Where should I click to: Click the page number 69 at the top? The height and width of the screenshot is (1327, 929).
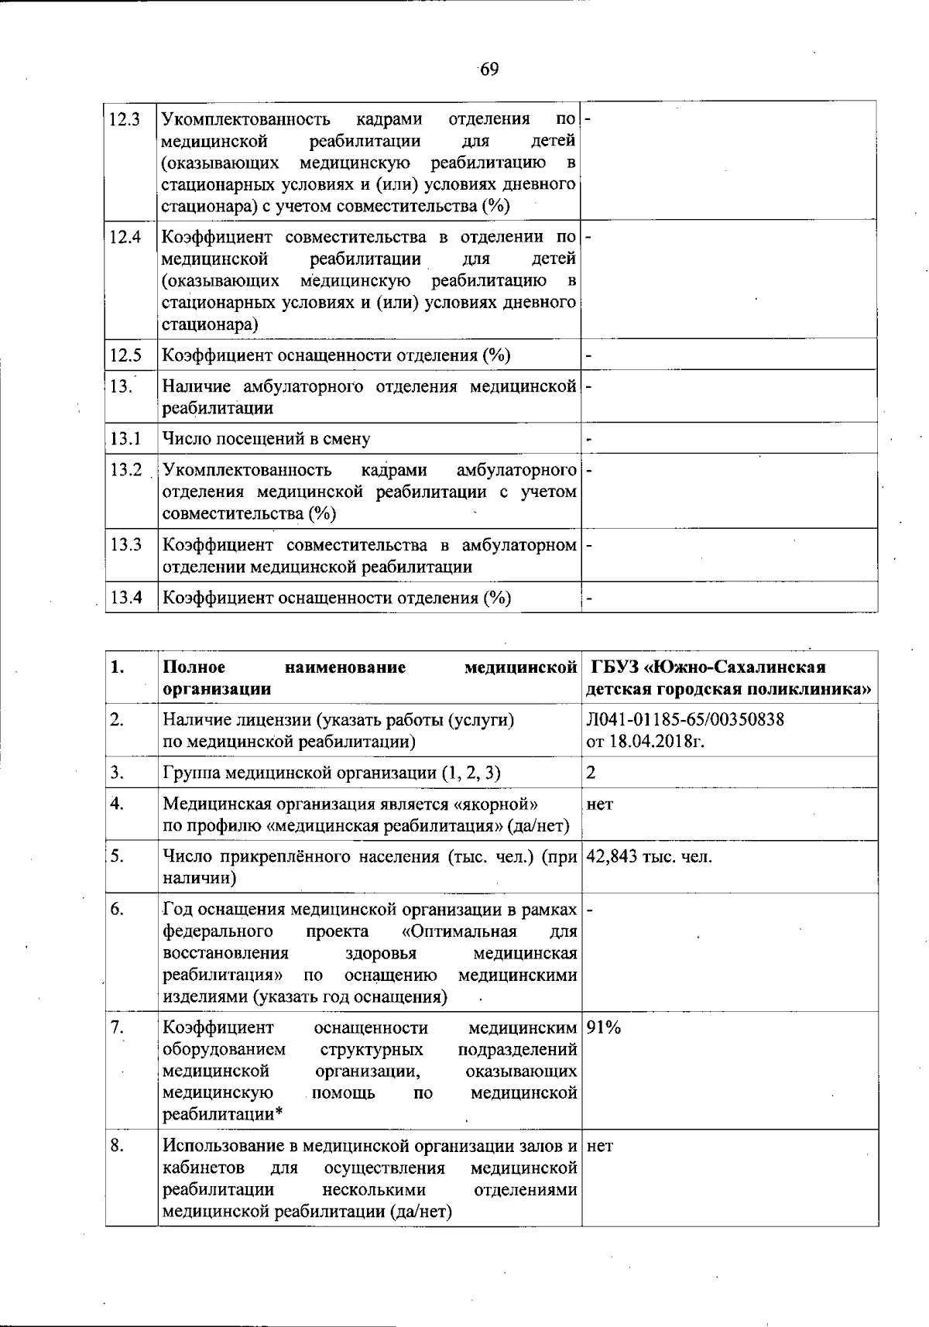click(488, 70)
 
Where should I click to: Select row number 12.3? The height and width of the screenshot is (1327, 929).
click(125, 120)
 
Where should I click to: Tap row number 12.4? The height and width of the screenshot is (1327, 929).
click(125, 238)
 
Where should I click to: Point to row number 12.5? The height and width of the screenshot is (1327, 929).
click(125, 355)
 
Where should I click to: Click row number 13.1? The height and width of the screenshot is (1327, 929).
click(125, 439)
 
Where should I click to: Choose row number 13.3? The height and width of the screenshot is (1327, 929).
click(125, 545)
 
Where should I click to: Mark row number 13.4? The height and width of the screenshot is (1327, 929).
click(125, 598)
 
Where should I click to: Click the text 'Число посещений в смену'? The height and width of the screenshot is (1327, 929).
click(266, 439)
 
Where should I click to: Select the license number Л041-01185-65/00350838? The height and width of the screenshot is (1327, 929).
click(686, 720)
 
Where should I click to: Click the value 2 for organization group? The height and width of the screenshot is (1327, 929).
click(591, 773)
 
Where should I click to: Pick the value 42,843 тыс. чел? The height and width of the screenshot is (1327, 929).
click(650, 857)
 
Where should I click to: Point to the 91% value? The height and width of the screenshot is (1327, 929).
click(605, 1028)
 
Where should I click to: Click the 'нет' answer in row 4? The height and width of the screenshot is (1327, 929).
click(600, 804)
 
